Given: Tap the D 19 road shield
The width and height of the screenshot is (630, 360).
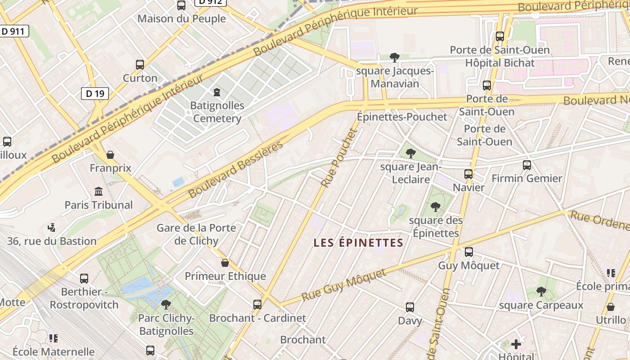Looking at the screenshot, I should (95, 94).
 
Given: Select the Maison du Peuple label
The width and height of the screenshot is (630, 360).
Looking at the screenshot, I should (181, 19).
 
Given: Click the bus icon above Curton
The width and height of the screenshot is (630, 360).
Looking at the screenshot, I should (140, 65).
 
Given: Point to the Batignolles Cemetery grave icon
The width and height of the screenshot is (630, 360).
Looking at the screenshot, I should (217, 93).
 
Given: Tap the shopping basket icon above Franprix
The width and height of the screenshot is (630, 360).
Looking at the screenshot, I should (110, 155).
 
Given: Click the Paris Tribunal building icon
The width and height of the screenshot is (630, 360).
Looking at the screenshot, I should (99, 192).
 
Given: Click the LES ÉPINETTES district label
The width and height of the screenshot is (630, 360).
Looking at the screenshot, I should (358, 243).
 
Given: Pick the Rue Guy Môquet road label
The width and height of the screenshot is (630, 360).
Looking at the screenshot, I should (344, 285).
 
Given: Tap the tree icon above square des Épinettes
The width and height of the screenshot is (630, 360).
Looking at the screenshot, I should (435, 207).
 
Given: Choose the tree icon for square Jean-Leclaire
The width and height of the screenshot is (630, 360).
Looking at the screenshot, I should (410, 153).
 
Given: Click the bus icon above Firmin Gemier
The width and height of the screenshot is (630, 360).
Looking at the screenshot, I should (527, 165).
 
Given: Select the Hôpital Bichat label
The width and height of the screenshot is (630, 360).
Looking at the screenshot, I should (499, 63).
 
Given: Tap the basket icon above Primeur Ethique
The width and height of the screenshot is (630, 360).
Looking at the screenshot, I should (225, 263).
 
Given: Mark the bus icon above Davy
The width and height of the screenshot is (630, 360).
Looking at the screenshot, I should (410, 307).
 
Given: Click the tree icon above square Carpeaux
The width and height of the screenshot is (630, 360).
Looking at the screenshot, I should (541, 292).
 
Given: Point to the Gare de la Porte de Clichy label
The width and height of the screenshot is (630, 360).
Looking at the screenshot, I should (196, 234).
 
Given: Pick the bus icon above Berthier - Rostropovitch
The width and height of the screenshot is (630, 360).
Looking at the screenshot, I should (84, 278).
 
